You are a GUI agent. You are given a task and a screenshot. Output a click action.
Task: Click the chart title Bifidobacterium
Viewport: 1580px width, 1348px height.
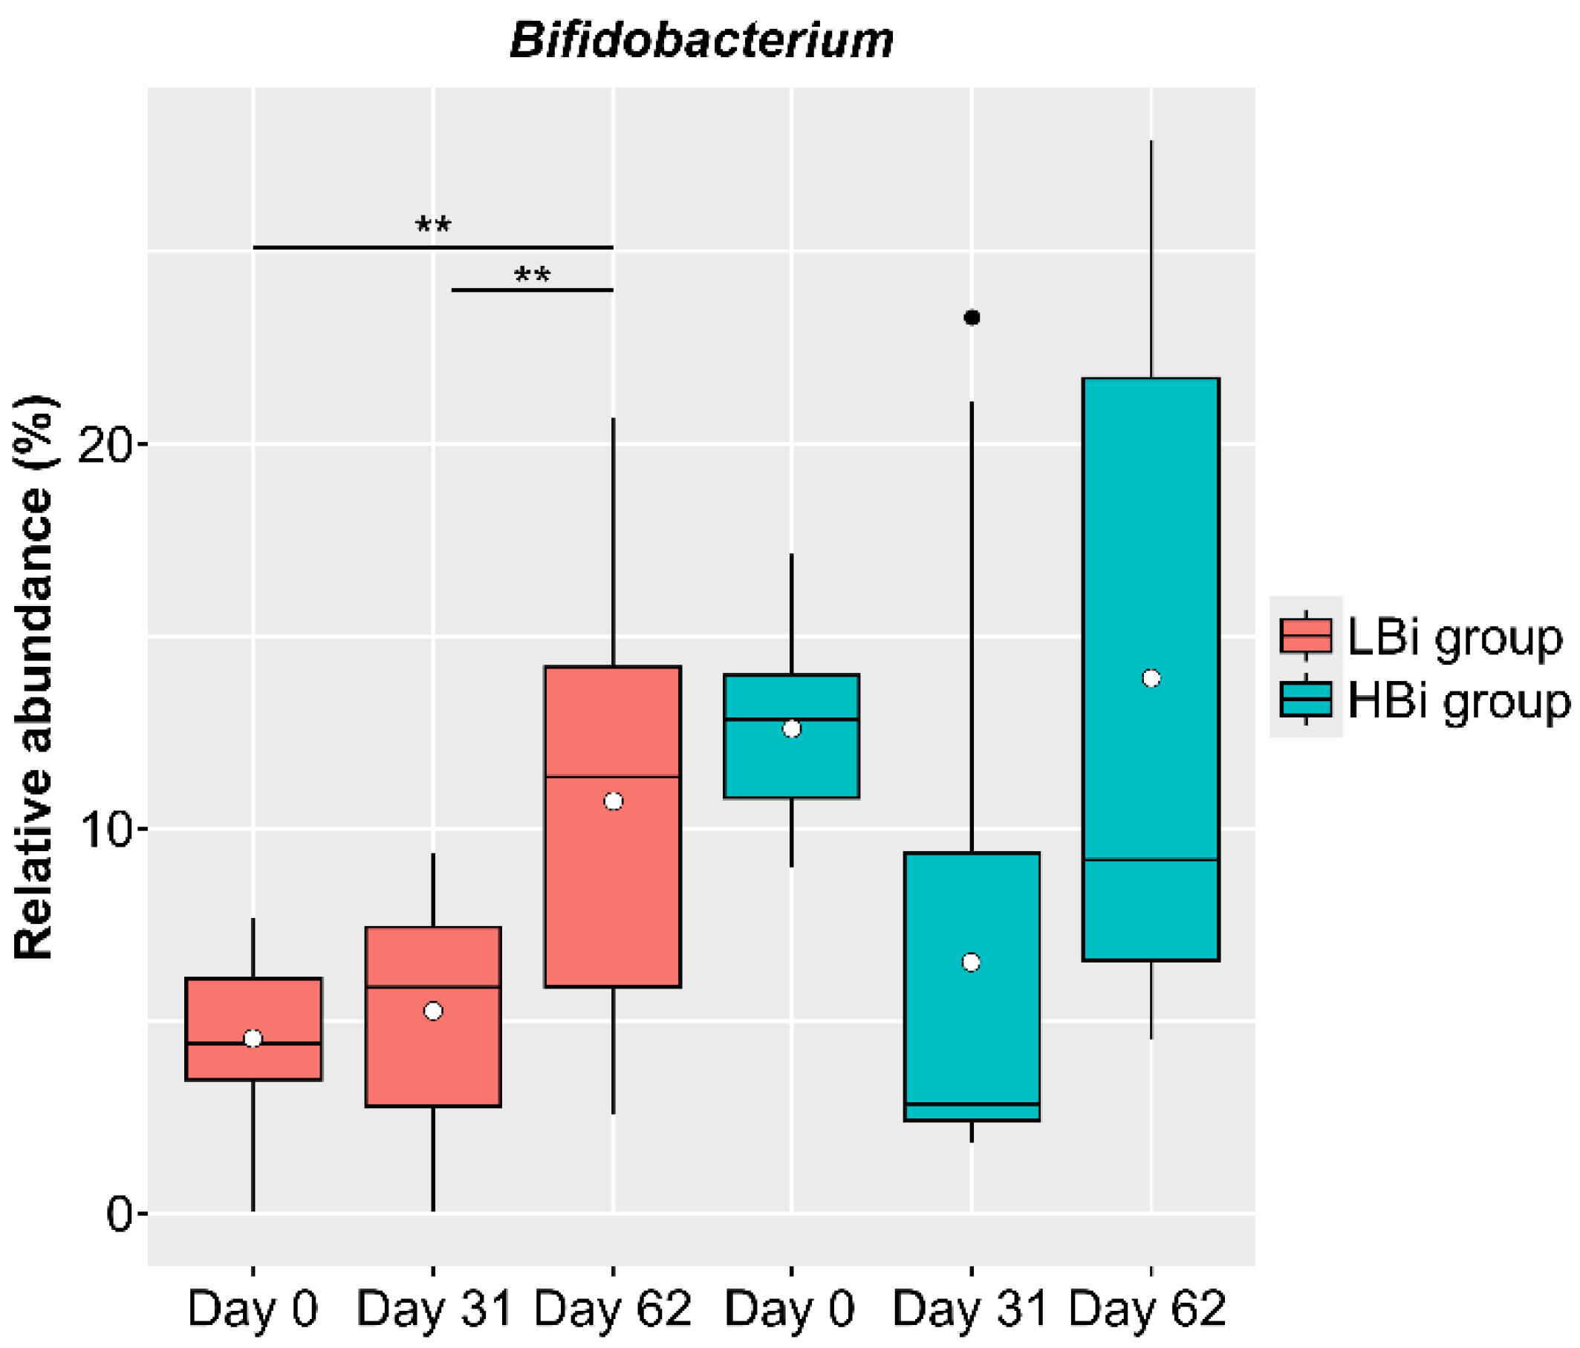(700, 40)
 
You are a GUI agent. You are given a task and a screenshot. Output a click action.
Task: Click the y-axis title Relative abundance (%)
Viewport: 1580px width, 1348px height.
(34, 677)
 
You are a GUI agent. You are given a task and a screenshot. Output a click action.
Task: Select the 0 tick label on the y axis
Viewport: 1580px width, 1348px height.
(120, 1214)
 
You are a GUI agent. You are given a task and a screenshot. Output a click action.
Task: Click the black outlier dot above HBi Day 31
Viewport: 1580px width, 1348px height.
(972, 317)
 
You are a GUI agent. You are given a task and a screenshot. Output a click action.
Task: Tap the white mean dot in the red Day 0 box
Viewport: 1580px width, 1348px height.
(253, 1038)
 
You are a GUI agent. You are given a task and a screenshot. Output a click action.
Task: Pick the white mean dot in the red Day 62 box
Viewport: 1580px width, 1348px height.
(613, 801)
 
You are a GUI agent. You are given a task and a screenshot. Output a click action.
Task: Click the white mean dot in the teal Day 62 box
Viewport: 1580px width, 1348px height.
(1151, 679)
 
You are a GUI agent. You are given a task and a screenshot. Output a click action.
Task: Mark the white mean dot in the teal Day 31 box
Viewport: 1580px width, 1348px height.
(971, 963)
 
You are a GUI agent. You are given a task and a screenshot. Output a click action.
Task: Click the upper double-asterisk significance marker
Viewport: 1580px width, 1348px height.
(433, 225)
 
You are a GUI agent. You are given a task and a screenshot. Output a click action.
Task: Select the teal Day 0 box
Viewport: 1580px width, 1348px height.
(792, 763)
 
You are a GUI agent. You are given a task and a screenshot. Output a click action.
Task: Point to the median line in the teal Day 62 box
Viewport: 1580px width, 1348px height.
(1151, 860)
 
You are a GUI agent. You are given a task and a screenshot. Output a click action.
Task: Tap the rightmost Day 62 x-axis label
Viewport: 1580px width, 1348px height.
(1147, 1309)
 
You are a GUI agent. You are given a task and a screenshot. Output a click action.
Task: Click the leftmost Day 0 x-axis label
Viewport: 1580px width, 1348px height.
(253, 1309)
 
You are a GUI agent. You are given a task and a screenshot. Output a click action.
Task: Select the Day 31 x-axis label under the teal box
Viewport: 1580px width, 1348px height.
(969, 1309)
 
